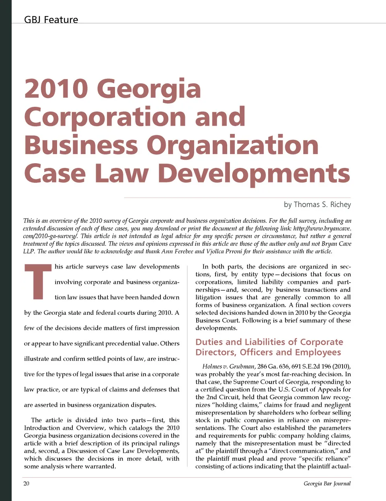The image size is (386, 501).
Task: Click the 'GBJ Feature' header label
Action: [x=51, y=20]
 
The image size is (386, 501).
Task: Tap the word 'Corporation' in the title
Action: [x=105, y=117]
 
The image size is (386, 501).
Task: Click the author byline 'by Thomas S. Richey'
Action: [x=317, y=205]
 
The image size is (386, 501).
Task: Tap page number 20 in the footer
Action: [x=27, y=483]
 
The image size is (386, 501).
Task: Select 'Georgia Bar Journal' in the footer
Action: [x=327, y=483]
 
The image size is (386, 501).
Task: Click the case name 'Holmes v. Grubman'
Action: [x=228, y=366]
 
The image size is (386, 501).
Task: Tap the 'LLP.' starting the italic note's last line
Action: [x=29, y=251]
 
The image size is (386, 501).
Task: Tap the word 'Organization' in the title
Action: [x=233, y=145]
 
